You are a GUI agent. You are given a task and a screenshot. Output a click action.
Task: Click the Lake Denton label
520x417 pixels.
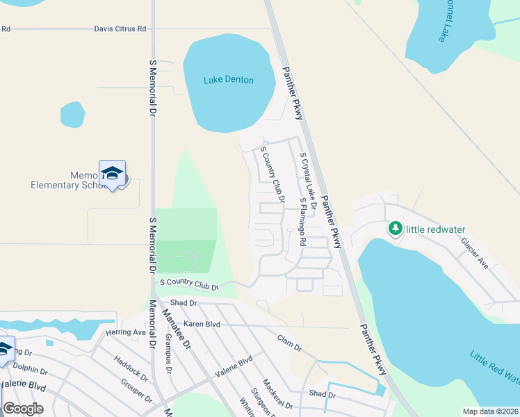pos(228,80)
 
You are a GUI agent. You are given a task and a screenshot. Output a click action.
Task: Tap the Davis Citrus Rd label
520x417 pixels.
pos(121,29)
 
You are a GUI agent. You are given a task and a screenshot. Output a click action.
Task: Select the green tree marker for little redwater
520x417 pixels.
pos(395,229)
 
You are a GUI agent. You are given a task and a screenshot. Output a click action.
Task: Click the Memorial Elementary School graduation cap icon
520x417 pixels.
pos(112,173)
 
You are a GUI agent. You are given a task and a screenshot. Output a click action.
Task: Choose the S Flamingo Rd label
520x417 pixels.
pos(302,222)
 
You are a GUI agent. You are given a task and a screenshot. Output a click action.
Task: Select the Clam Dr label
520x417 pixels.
pos(289,342)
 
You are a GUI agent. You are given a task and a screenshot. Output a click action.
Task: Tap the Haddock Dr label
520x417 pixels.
pos(131,370)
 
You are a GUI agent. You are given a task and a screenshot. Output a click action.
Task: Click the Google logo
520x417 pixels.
pos(23,408)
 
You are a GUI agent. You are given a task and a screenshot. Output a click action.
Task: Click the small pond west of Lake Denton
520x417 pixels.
pos(72,115)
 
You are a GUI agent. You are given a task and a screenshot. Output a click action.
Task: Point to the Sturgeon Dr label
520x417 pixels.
pos(261,402)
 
